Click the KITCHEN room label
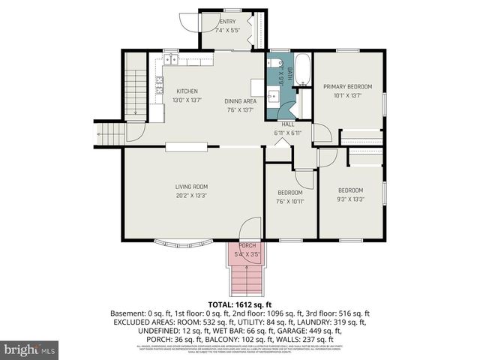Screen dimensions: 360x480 [187, 91]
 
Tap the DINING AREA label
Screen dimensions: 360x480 [241, 101]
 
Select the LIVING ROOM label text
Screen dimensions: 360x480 [191, 187]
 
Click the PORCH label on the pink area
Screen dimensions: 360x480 [247, 245]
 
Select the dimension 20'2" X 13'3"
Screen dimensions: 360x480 [191, 196]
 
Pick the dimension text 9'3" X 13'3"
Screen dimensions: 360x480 [350, 199]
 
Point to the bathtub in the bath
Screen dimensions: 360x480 [303, 69]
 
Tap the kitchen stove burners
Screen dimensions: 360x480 [159, 88]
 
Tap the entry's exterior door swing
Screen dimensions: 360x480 [207, 22]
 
